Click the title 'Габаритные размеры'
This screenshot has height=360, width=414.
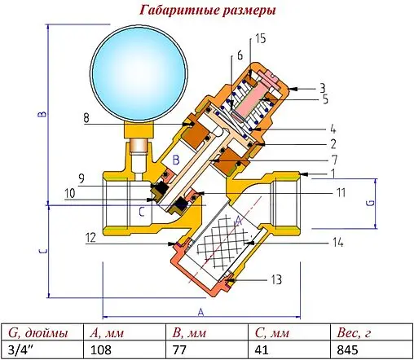pos(207,11)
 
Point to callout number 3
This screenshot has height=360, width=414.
pos(323,86)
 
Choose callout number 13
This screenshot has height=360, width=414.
pos(277,279)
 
